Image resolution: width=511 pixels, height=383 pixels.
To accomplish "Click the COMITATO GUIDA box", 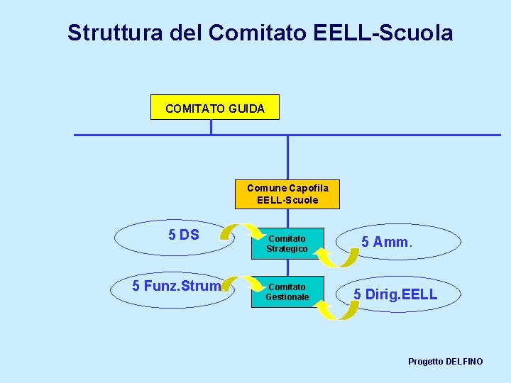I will [214, 108].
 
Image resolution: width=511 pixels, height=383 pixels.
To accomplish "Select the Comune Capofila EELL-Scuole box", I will [287, 194].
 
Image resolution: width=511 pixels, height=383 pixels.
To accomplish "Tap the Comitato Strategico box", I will [287, 244].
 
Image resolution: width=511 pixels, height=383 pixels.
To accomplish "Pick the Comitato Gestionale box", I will [287, 292].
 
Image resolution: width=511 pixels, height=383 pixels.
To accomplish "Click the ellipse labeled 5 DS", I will [174, 238].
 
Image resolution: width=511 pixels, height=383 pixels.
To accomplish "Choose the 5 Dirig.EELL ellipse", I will [395, 294].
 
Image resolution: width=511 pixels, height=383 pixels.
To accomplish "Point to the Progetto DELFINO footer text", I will [445, 362].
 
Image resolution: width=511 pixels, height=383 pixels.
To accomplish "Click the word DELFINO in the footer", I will [464, 362].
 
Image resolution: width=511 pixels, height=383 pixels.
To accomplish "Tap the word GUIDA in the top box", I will [247, 109].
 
